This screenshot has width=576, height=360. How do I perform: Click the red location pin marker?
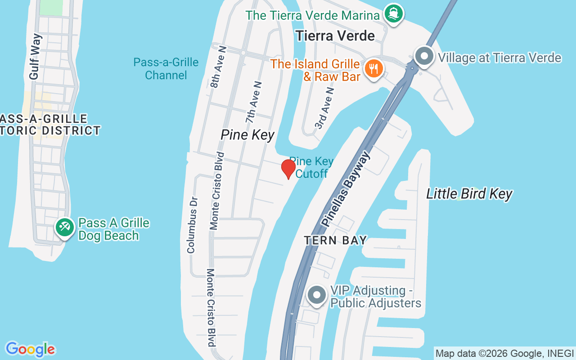click(288, 169)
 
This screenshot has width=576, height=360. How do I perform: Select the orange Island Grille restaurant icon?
click(373, 69)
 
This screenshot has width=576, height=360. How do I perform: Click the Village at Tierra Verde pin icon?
click(423, 57)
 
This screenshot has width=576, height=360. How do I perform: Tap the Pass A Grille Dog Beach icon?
click(65, 227)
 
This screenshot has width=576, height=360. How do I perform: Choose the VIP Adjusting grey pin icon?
click(317, 295)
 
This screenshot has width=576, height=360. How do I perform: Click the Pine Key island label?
click(247, 135)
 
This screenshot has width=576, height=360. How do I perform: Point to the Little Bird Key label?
click(469, 194)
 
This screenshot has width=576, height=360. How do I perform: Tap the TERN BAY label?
click(335, 240)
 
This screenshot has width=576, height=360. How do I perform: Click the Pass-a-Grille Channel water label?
click(166, 68)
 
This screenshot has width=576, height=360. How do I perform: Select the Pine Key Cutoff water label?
click(311, 167)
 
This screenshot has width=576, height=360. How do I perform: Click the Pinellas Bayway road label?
click(346, 189)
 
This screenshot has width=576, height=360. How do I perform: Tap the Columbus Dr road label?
click(192, 225)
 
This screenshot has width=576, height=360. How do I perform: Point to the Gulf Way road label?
click(35, 57)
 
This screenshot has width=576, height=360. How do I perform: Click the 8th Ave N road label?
click(219, 67)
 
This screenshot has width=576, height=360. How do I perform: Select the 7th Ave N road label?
click(254, 103)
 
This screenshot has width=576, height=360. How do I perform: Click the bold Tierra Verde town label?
click(335, 36)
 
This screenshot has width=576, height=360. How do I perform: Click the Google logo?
click(30, 349)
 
